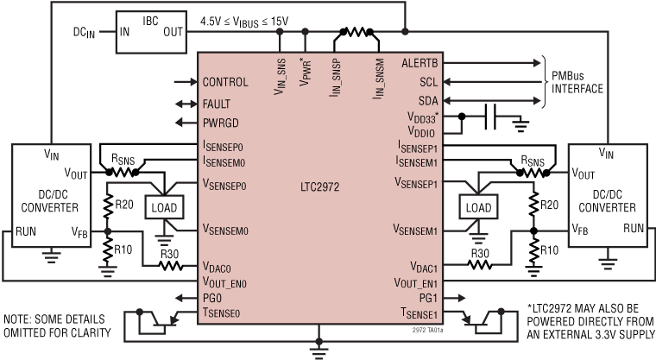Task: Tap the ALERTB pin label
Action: [419, 62]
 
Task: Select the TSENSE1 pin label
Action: [422, 313]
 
